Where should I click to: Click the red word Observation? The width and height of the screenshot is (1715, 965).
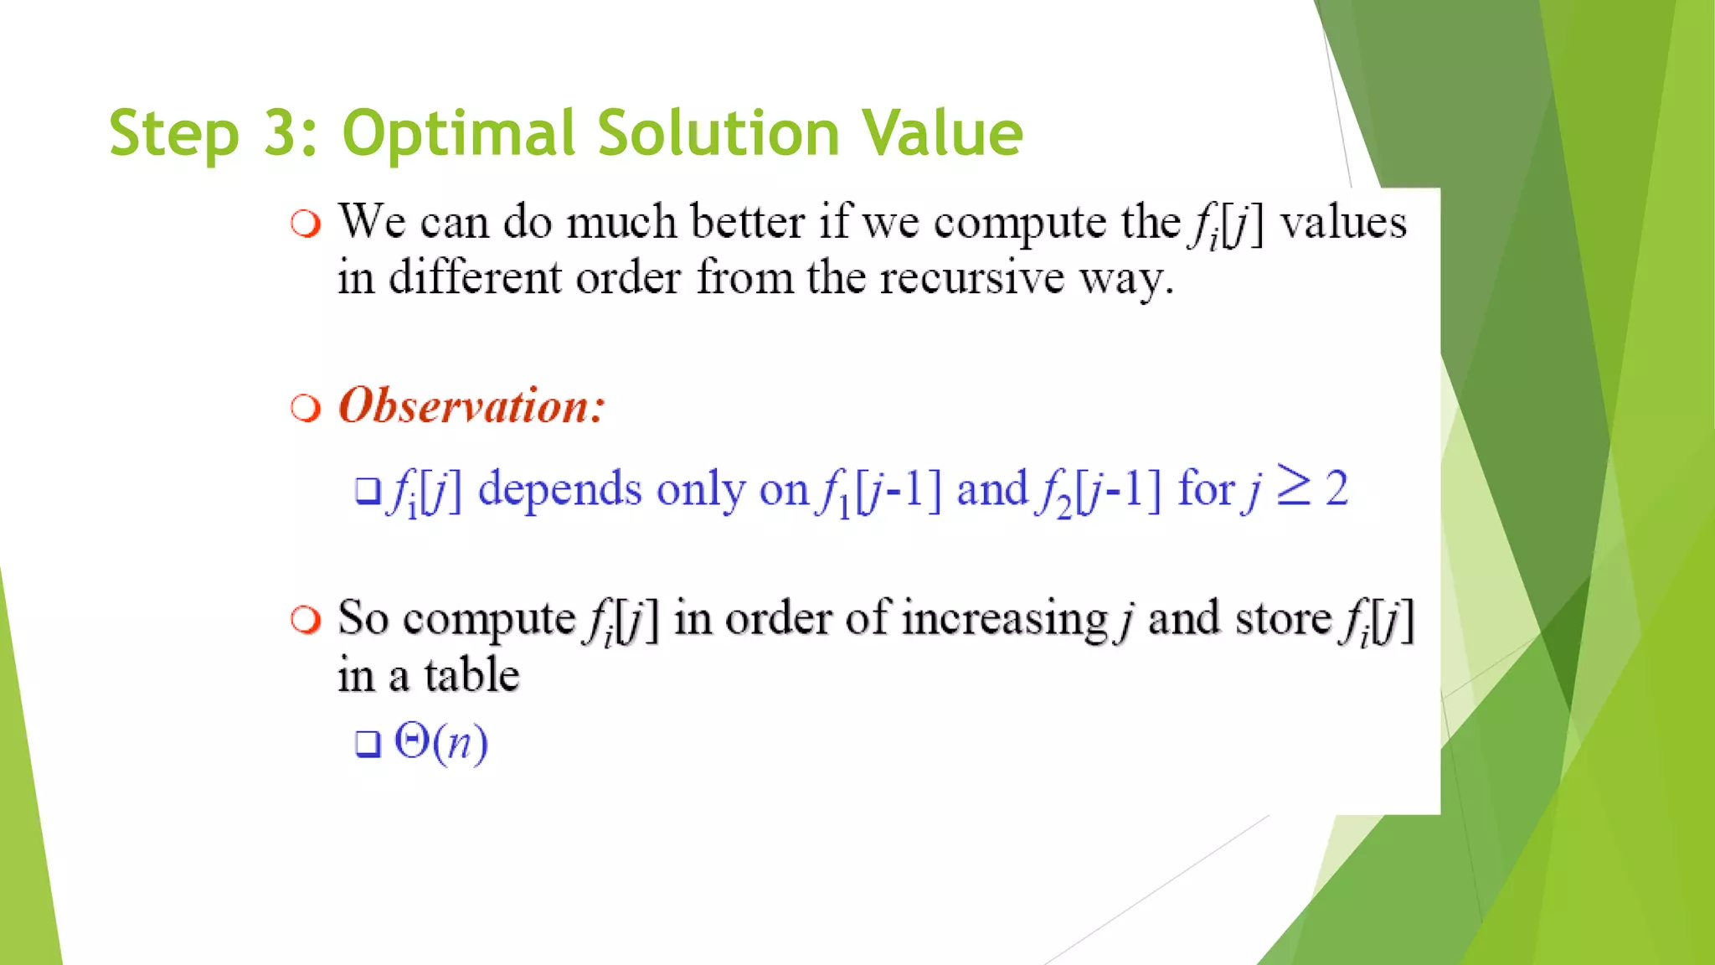click(471, 406)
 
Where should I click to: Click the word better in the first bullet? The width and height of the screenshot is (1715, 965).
click(749, 222)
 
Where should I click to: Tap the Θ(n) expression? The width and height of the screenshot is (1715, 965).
click(441, 742)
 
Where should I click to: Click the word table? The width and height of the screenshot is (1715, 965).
click(471, 675)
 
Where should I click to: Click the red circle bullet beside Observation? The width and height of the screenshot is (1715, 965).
click(306, 409)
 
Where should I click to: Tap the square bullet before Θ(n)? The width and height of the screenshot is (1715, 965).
click(368, 744)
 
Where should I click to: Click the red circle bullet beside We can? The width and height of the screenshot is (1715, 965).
click(306, 224)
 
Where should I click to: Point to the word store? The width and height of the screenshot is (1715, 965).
click(1283, 619)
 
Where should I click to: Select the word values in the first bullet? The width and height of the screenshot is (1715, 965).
click(1343, 223)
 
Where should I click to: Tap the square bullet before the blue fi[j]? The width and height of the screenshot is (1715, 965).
click(368, 491)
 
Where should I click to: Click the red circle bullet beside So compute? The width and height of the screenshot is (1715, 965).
click(306, 621)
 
